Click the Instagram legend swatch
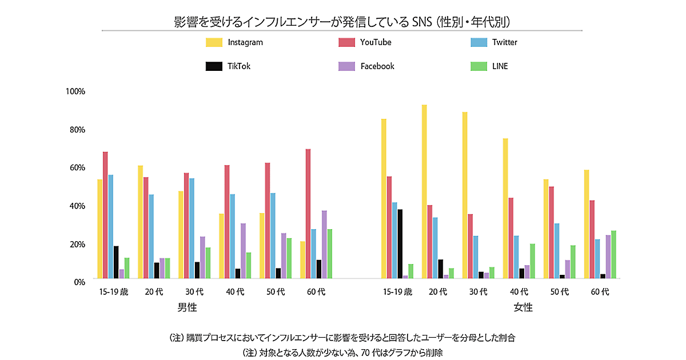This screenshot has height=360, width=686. click(x=214, y=42)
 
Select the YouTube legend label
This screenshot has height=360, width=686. click(x=376, y=42)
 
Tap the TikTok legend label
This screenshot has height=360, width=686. click(x=239, y=66)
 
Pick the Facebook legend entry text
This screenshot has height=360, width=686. click(x=377, y=66)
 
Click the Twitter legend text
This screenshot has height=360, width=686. click(x=505, y=42)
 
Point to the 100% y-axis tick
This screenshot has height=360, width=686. click(x=75, y=91)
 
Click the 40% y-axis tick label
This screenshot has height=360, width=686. click(x=77, y=206)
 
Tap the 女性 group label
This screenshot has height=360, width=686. click(x=523, y=307)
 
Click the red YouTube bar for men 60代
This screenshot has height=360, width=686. click(x=308, y=214)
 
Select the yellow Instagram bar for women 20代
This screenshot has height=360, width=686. click(x=424, y=191)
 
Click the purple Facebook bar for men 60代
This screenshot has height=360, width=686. click(x=324, y=245)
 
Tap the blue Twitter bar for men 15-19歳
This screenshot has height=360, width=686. click(x=111, y=227)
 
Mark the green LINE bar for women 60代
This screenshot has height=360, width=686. click(x=613, y=254)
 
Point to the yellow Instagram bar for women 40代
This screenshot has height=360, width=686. click(x=505, y=209)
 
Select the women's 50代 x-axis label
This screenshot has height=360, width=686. click(x=560, y=292)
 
